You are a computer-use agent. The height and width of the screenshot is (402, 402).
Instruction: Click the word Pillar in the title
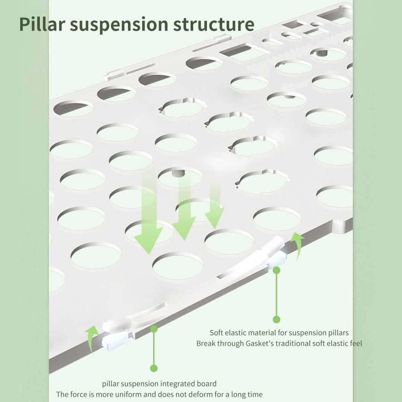point(42,24)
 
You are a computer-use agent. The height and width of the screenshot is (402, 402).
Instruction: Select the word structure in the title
point(214,24)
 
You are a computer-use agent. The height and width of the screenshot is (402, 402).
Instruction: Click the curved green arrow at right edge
point(297,246)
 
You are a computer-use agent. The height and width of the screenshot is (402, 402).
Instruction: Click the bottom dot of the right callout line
point(276,319)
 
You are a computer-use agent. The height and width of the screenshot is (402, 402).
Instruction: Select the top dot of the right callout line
point(276,270)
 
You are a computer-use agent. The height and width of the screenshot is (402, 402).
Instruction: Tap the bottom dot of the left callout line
point(154,368)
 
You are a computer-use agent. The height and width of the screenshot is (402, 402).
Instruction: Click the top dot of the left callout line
point(154,329)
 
